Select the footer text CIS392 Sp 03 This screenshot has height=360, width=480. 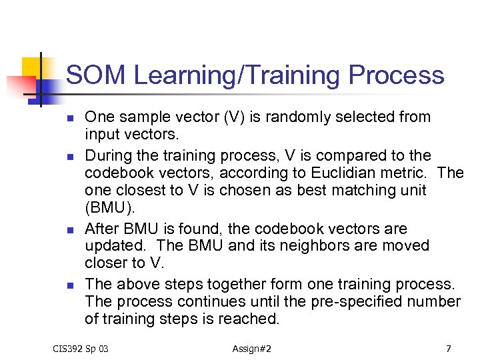click(x=81, y=349)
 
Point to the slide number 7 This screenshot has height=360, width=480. click(x=449, y=349)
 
